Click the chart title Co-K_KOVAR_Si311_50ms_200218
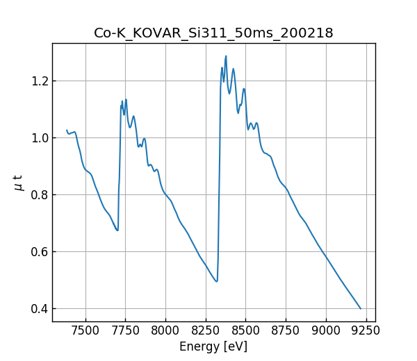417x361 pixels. pyautogui.click(x=213, y=33)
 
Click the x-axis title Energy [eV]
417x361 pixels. pyautogui.click(x=213, y=346)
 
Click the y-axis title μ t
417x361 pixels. pyautogui.click(x=19, y=182)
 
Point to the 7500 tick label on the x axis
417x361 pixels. pyautogui.click(x=85, y=330)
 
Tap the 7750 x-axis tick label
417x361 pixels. pyautogui.click(x=126, y=330)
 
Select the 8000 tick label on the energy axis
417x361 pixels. pyautogui.click(x=165, y=330)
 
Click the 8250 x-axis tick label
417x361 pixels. pyautogui.click(x=206, y=330)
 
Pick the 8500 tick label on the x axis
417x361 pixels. pyautogui.click(x=245, y=330)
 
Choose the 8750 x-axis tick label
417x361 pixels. pyautogui.click(x=286, y=330)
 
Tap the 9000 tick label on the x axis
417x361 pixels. pyautogui.click(x=325, y=330)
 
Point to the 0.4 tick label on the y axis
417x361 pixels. pyautogui.click(x=38, y=308)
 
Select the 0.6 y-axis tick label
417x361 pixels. pyautogui.click(x=38, y=251)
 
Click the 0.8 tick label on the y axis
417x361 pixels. pyautogui.click(x=38, y=194)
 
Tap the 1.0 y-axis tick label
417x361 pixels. pyautogui.click(x=38, y=137)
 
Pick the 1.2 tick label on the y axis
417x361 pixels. pyautogui.click(x=38, y=81)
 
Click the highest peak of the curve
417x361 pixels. pyautogui.click(x=226, y=56)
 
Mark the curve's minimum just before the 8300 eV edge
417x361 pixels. pyautogui.click(x=217, y=281)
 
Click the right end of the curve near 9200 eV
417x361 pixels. pyautogui.click(x=361, y=308)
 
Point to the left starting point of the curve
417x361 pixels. pyautogui.click(x=67, y=130)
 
